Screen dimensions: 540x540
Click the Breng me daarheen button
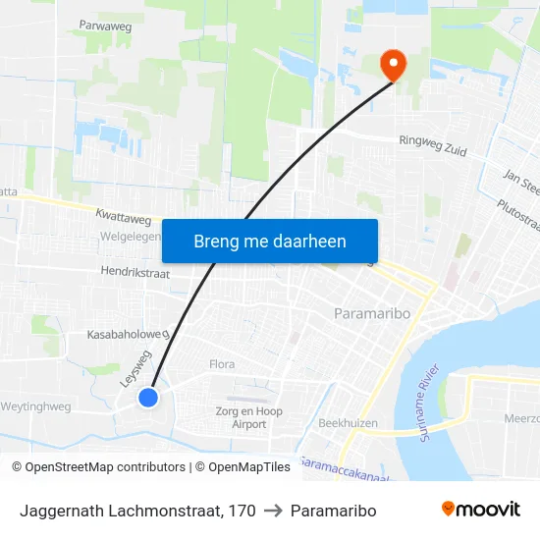point(270,241)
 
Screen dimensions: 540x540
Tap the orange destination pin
point(394,65)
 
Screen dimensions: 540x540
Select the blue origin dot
point(148,397)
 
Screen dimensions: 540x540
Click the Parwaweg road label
point(105,27)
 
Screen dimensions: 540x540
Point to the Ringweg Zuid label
point(432,145)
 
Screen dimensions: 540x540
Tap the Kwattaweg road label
point(123,213)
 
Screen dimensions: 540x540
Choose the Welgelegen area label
point(130,238)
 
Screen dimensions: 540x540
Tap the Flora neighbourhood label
point(222,364)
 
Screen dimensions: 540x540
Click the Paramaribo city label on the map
point(363,314)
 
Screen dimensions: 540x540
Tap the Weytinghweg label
point(35,406)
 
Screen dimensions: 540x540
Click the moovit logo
point(481,510)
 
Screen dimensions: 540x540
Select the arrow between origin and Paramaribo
point(273,511)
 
